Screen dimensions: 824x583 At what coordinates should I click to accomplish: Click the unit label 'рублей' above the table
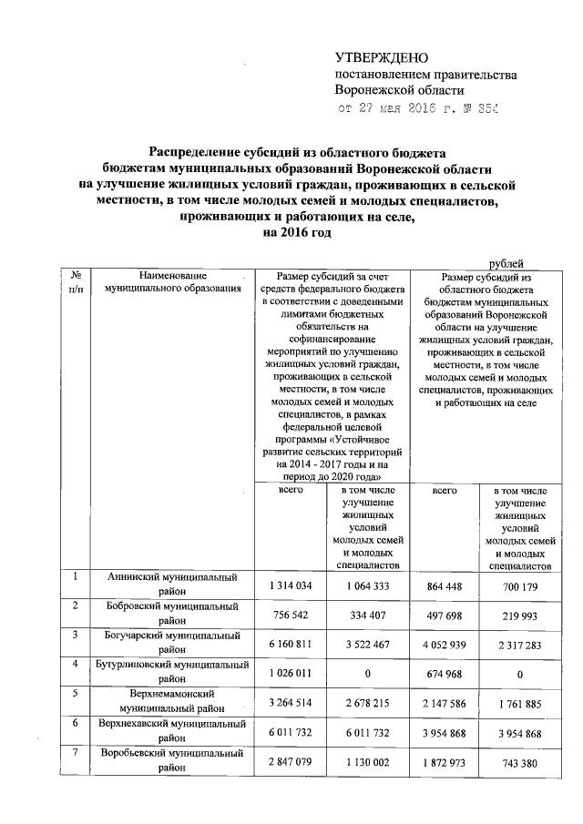pos(514,262)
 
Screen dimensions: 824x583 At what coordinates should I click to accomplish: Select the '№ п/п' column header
pos(77,281)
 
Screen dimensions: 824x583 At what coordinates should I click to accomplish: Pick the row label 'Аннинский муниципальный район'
pos(172,584)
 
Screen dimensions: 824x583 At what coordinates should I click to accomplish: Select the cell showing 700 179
pos(517,585)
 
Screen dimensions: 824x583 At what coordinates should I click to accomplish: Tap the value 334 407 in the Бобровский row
pos(369,614)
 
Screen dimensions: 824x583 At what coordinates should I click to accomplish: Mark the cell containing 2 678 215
pos(369,703)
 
